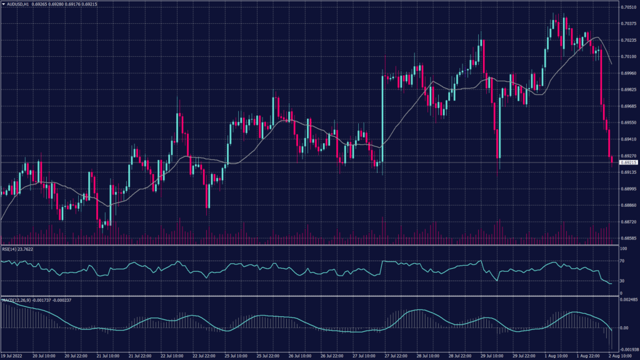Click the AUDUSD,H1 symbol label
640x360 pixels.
point(19,3)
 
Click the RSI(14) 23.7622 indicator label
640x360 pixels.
point(17,248)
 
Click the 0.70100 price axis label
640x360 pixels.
point(627,57)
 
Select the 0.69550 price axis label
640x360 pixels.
point(627,122)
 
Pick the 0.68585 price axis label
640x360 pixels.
point(627,238)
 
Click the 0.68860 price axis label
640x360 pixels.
point(627,205)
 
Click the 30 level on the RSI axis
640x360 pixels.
point(622,281)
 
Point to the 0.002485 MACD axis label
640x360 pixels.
point(628,301)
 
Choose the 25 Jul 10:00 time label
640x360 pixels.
point(236,356)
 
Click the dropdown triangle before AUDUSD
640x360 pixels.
point(3,3)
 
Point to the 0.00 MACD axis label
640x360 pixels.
point(624,328)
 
